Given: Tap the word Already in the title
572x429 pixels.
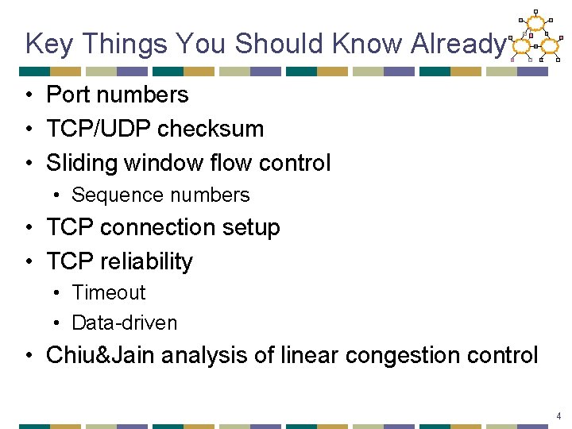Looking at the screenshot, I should point(457,44).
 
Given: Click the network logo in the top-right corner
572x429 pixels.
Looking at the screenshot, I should point(536,37).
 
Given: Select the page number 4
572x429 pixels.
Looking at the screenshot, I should point(559,416).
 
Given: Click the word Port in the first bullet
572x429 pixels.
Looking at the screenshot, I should point(67,95).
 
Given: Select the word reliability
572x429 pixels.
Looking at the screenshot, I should point(145,261).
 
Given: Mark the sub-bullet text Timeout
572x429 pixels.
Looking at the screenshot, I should point(109,292).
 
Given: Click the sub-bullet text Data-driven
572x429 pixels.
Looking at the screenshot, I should point(125,323).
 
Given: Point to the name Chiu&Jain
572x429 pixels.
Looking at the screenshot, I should point(101,355).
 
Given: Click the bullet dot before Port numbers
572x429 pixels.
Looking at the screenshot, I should point(29,95).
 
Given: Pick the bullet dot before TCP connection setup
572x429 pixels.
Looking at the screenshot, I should point(29,229).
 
